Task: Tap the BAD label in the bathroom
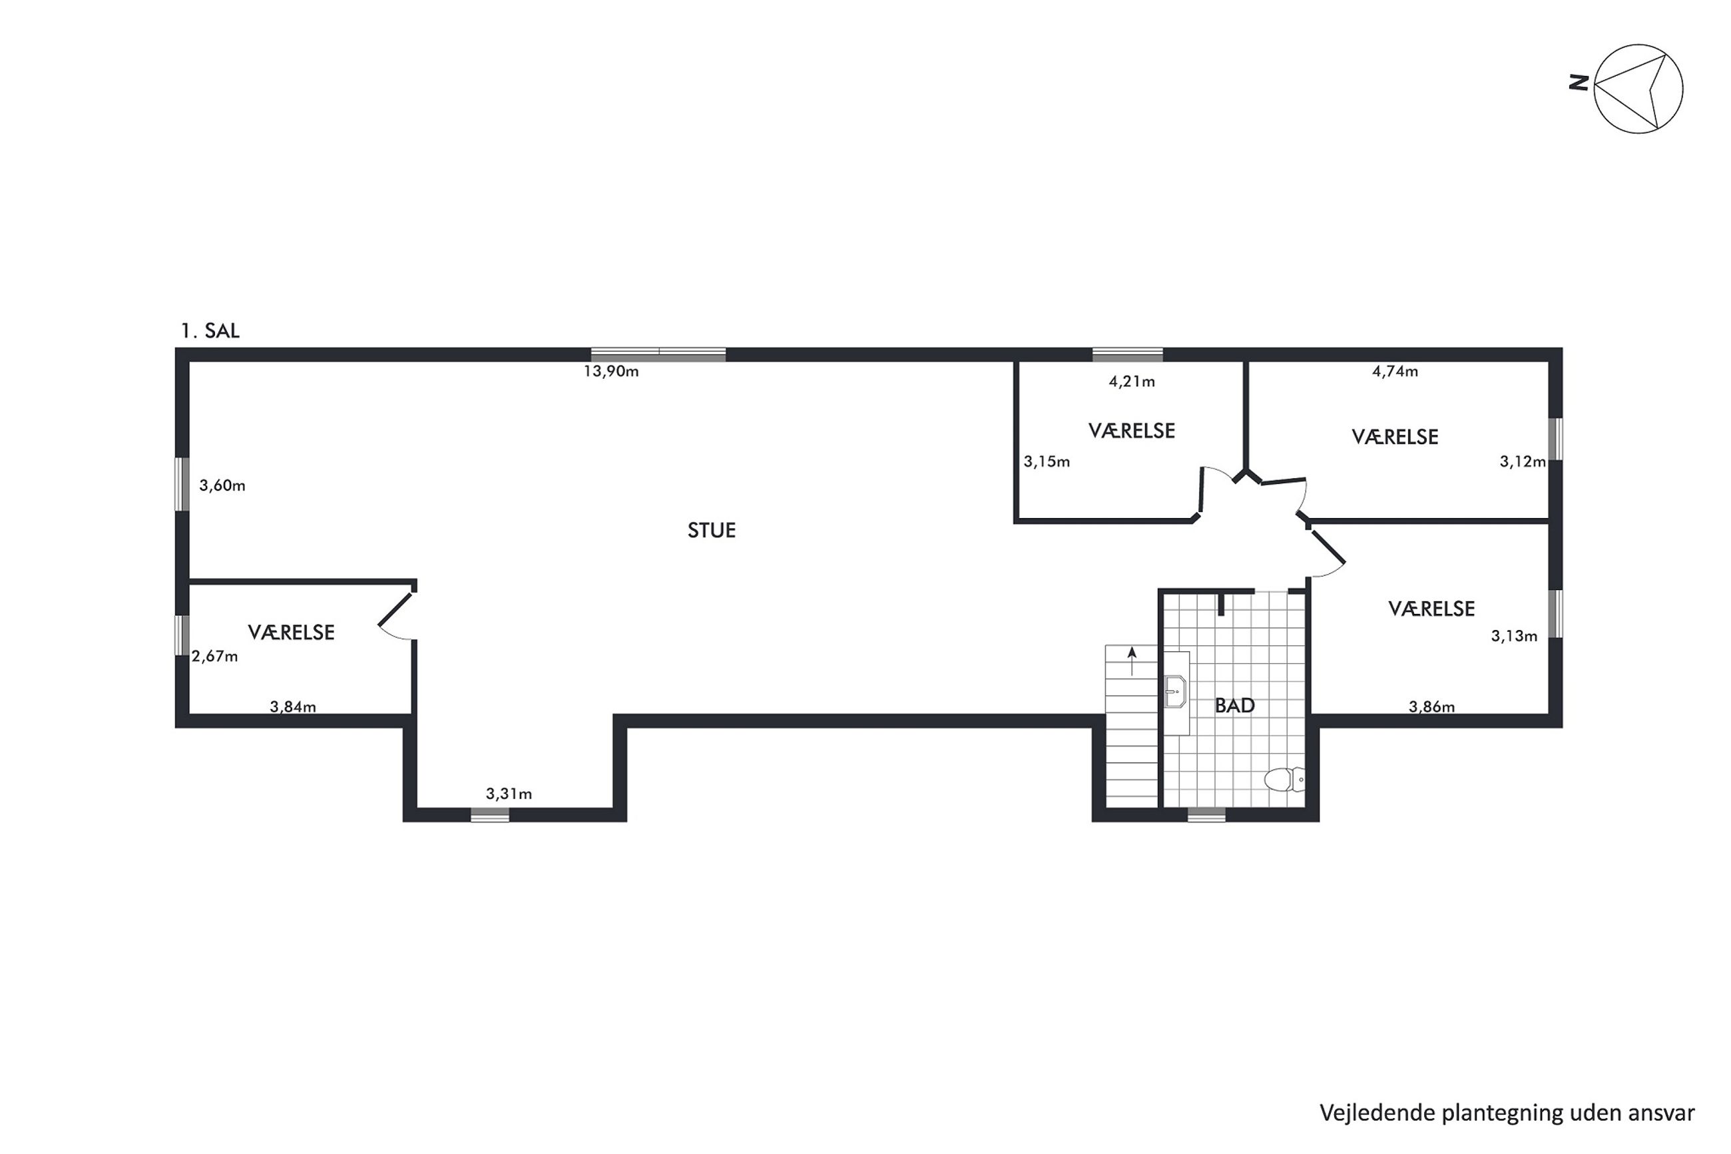click(1234, 706)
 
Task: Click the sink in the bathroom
click(1176, 692)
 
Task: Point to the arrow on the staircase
click(1131, 661)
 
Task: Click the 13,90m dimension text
click(611, 372)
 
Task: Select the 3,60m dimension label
click(222, 485)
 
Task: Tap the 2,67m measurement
click(215, 657)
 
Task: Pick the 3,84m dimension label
click(293, 707)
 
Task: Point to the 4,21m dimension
click(1131, 382)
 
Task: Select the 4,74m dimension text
click(1395, 372)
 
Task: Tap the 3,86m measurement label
click(1431, 707)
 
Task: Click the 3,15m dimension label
click(1047, 462)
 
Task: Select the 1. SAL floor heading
click(210, 331)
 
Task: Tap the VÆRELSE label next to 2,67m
click(292, 632)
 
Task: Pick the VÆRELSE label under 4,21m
click(1131, 431)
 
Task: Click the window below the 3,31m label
click(490, 814)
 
